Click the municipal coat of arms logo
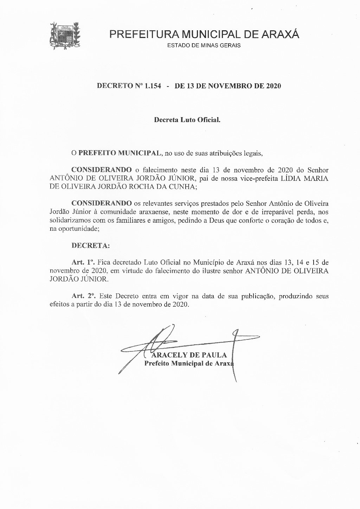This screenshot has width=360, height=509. pyautogui.click(x=66, y=36)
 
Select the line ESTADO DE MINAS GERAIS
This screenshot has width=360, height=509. pyautogui.click(x=204, y=46)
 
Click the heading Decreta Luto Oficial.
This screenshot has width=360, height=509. pyautogui.click(x=187, y=120)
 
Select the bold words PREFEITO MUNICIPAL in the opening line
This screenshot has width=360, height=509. pyautogui.click(x=119, y=153)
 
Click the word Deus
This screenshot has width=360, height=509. pyautogui.click(x=216, y=221)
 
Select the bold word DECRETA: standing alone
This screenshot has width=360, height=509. pyautogui.click(x=91, y=246)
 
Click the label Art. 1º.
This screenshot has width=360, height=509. pyautogui.click(x=83, y=262)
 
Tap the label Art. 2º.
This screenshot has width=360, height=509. pyautogui.click(x=84, y=296)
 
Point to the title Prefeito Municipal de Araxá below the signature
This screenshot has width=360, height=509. pyautogui.click(x=189, y=363)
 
